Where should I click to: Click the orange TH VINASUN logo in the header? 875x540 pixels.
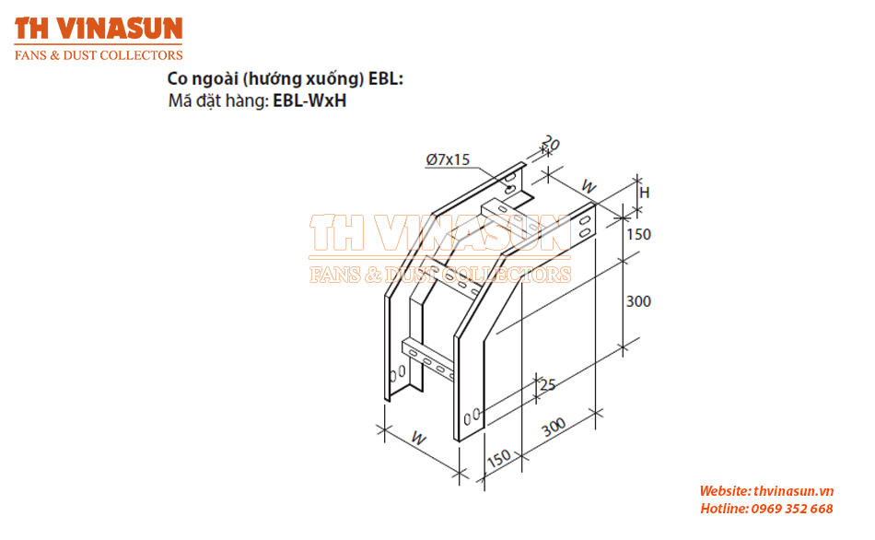[x=99, y=29]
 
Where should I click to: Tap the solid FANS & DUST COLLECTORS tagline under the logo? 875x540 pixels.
[x=99, y=55]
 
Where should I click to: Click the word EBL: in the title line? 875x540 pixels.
[x=386, y=78]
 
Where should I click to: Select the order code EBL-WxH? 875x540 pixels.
[x=309, y=100]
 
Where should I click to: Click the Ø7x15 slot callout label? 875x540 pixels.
[x=449, y=159]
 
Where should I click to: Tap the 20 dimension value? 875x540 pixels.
[x=550, y=143]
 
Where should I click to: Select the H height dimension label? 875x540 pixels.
[x=645, y=193]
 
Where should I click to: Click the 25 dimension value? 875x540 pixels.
[x=548, y=385]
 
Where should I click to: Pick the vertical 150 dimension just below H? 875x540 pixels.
[x=638, y=234]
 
